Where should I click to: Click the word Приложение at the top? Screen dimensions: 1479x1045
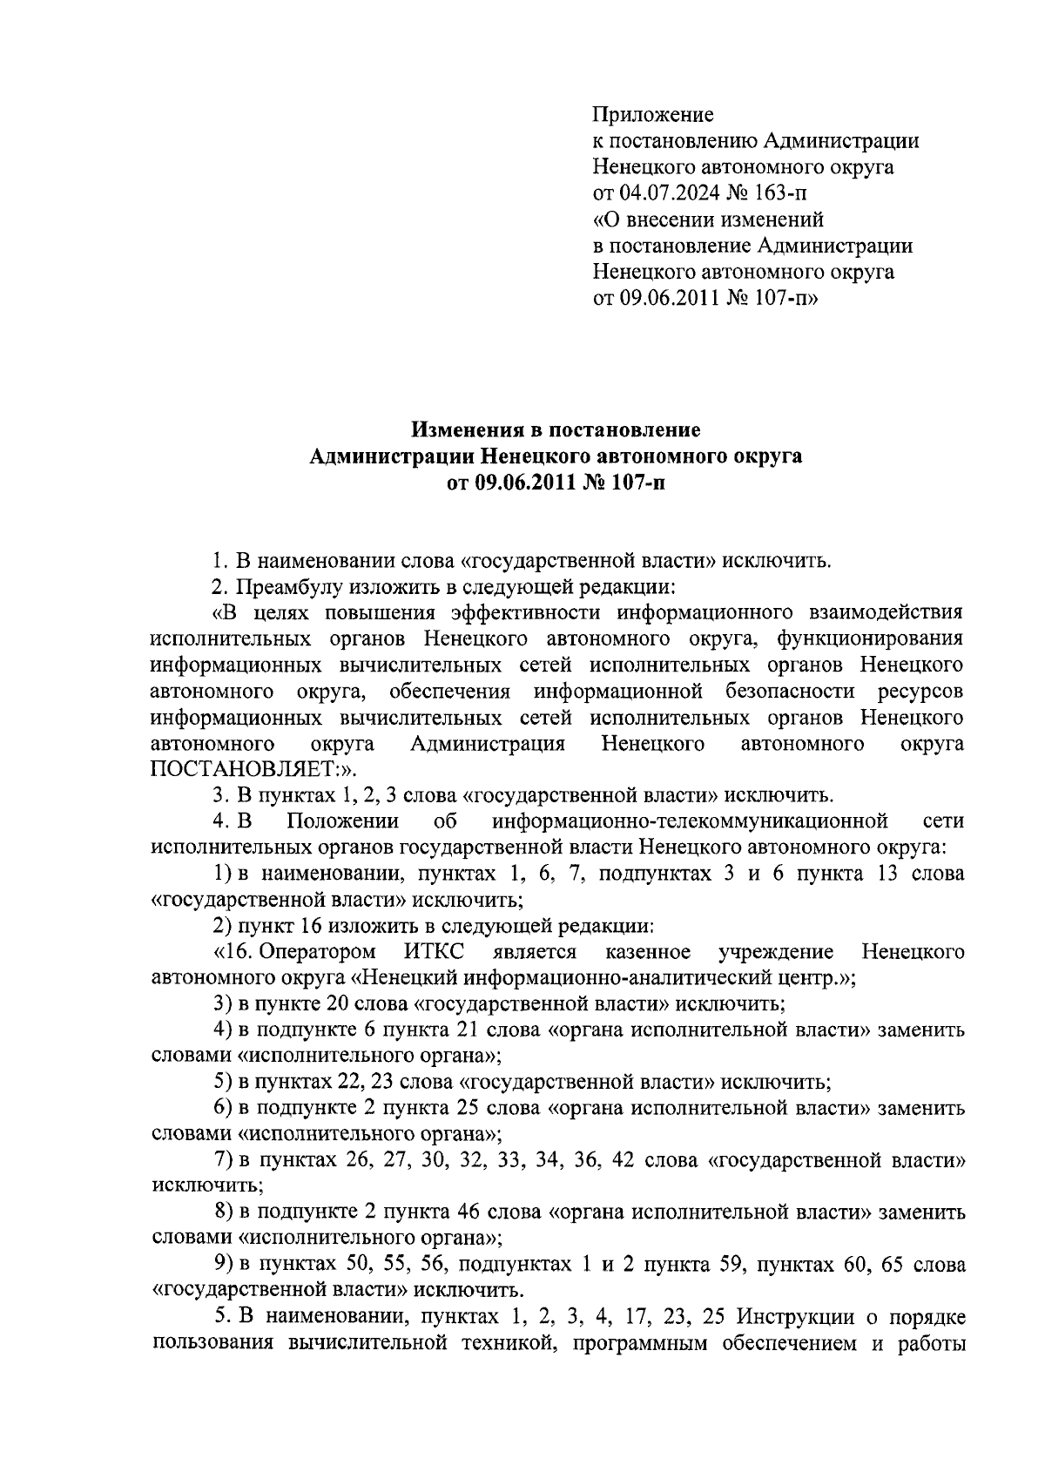click(x=653, y=114)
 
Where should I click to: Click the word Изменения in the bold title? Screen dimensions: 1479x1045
click(x=463, y=429)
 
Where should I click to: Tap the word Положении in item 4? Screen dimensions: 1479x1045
click(x=343, y=821)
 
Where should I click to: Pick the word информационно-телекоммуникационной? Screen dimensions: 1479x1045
click(x=689, y=821)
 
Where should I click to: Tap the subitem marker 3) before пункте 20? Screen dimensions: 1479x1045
click(x=222, y=1003)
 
